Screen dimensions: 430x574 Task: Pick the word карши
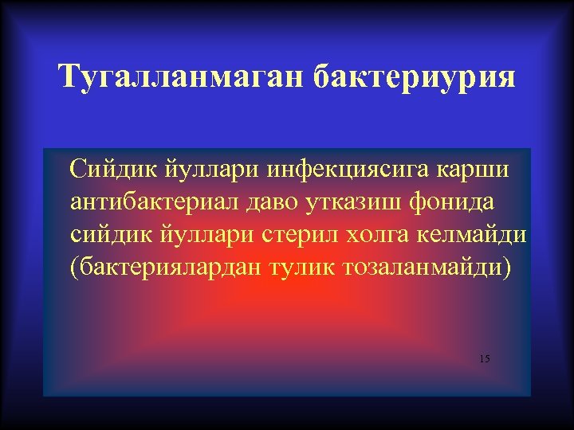(481, 169)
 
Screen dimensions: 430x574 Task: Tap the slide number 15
(485, 359)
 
